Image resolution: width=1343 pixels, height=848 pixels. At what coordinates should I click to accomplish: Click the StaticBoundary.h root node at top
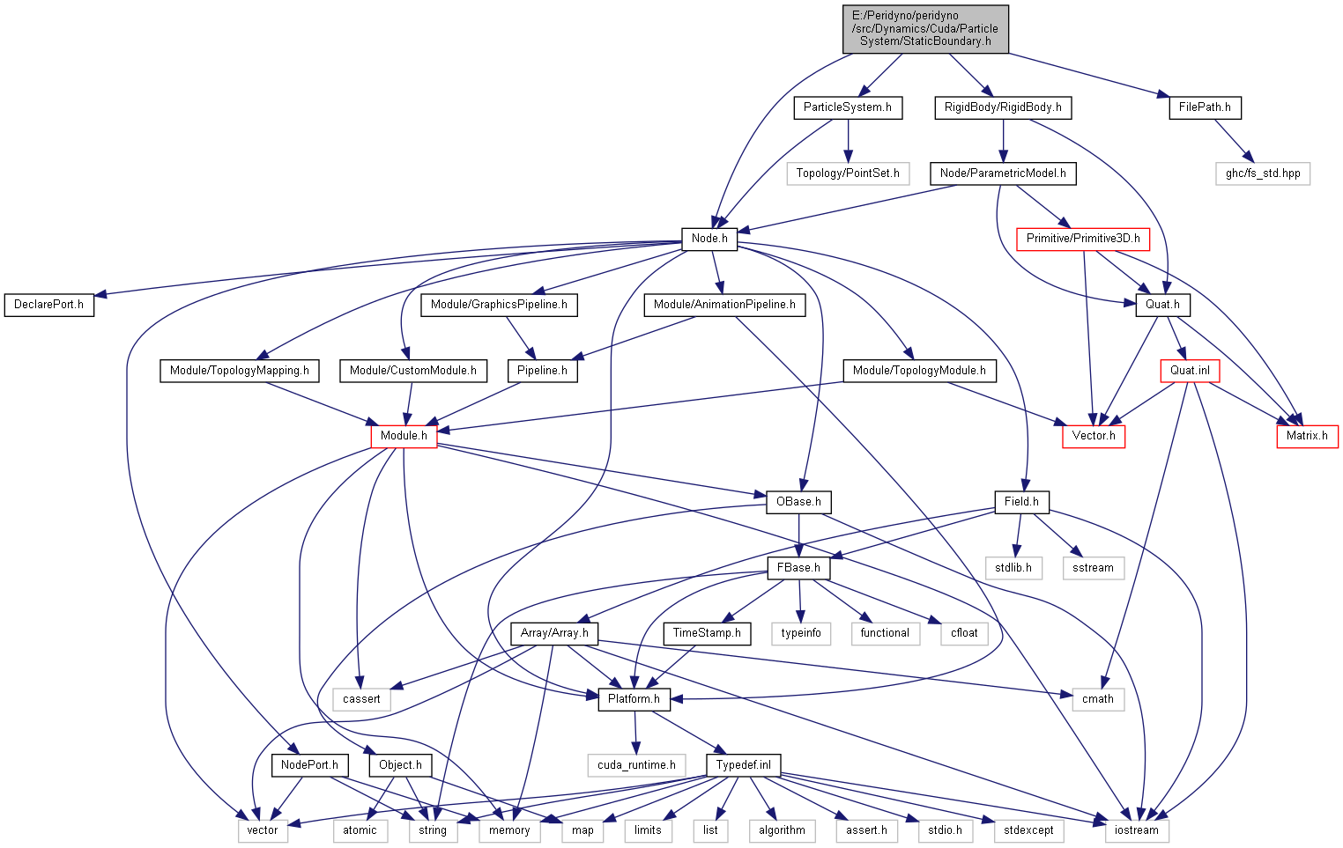(x=925, y=29)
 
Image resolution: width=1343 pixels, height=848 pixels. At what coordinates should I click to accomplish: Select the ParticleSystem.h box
(x=847, y=107)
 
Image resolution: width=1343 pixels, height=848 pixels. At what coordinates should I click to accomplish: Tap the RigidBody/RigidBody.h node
(x=1003, y=107)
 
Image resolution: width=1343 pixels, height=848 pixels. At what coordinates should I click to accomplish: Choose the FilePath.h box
(x=1205, y=107)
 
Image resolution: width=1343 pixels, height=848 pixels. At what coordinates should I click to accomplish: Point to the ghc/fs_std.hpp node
(x=1263, y=173)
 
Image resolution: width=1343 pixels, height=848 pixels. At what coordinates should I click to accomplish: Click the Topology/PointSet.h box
(x=848, y=173)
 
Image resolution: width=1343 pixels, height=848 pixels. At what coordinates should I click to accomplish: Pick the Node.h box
(x=709, y=239)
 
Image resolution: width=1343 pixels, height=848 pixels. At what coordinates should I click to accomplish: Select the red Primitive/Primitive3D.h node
(x=1083, y=239)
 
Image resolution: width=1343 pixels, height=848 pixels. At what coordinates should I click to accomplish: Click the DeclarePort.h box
(x=49, y=305)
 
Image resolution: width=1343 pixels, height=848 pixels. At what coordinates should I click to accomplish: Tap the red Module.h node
(x=404, y=436)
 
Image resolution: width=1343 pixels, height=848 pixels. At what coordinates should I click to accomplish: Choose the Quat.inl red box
(x=1190, y=371)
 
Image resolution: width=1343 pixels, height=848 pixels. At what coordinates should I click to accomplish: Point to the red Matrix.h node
(x=1307, y=436)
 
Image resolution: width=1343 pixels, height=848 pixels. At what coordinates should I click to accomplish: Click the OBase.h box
(x=798, y=502)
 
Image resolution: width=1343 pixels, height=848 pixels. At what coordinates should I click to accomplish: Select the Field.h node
(x=1021, y=502)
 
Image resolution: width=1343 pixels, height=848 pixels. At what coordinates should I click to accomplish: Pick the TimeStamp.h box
(x=707, y=633)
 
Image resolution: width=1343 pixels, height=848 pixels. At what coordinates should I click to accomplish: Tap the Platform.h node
(x=634, y=699)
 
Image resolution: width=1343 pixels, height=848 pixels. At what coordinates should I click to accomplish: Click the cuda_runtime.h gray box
(x=636, y=765)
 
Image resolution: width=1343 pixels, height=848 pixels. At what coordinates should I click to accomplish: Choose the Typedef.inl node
(x=743, y=765)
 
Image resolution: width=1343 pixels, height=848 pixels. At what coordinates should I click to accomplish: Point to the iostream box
(x=1137, y=830)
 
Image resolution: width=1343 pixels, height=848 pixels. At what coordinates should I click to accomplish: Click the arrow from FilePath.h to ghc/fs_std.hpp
(x=1234, y=141)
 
